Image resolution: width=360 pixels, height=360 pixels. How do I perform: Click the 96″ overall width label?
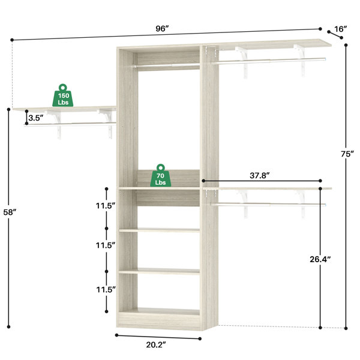[162, 29]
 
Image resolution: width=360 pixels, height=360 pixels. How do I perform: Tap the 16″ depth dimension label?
[340, 29]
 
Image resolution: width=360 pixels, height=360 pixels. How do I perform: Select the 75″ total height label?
[347, 154]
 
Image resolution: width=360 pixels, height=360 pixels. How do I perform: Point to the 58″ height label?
[10, 212]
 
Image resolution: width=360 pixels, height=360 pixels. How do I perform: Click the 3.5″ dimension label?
[36, 118]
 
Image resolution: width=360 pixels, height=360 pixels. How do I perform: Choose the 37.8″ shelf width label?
[259, 176]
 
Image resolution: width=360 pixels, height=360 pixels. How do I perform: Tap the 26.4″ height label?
[320, 259]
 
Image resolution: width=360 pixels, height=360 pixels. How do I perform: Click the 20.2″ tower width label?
[156, 344]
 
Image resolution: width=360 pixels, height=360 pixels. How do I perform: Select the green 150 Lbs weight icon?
[63, 95]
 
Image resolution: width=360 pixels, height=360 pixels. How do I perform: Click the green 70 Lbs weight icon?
[160, 175]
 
